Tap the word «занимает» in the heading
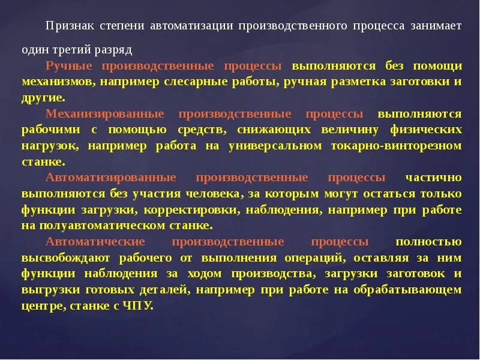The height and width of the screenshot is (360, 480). [436, 27]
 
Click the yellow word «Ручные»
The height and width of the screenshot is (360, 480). [67, 65]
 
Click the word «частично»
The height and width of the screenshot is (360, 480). [433, 178]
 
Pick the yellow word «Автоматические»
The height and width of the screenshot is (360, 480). [95, 242]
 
